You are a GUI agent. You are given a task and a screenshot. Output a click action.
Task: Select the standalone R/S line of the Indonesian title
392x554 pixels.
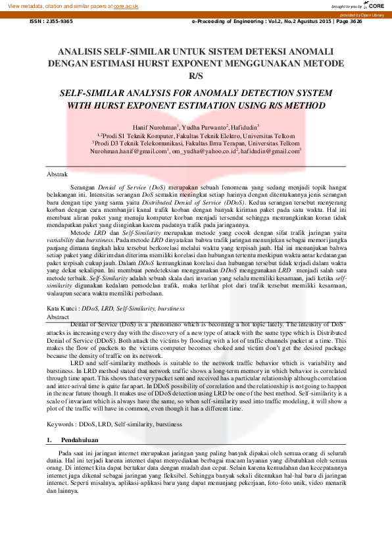click(x=196, y=76)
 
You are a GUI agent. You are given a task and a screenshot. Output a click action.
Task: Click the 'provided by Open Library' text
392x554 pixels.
click(x=362, y=14)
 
